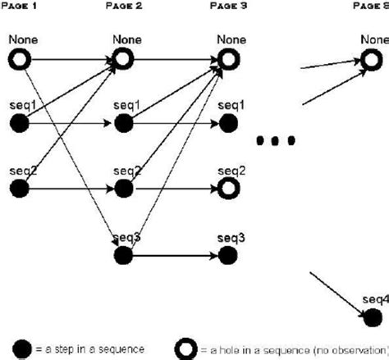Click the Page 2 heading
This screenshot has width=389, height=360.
coord(124,5)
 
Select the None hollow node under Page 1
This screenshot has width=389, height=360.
coord(19,59)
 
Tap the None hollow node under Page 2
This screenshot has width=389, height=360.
coord(124,59)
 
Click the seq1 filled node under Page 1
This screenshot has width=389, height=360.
coord(19,124)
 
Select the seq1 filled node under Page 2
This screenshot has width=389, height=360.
coord(124,124)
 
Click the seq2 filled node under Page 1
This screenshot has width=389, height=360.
coord(19,189)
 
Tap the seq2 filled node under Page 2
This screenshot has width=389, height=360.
coord(124,189)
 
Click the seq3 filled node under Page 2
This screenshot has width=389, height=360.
coord(124,255)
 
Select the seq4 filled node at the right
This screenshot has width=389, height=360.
coord(373,317)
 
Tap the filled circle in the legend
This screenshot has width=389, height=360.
coord(19,348)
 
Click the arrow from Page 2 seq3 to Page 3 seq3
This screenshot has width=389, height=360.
coord(176,255)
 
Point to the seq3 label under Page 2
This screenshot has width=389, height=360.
coord(124,238)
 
